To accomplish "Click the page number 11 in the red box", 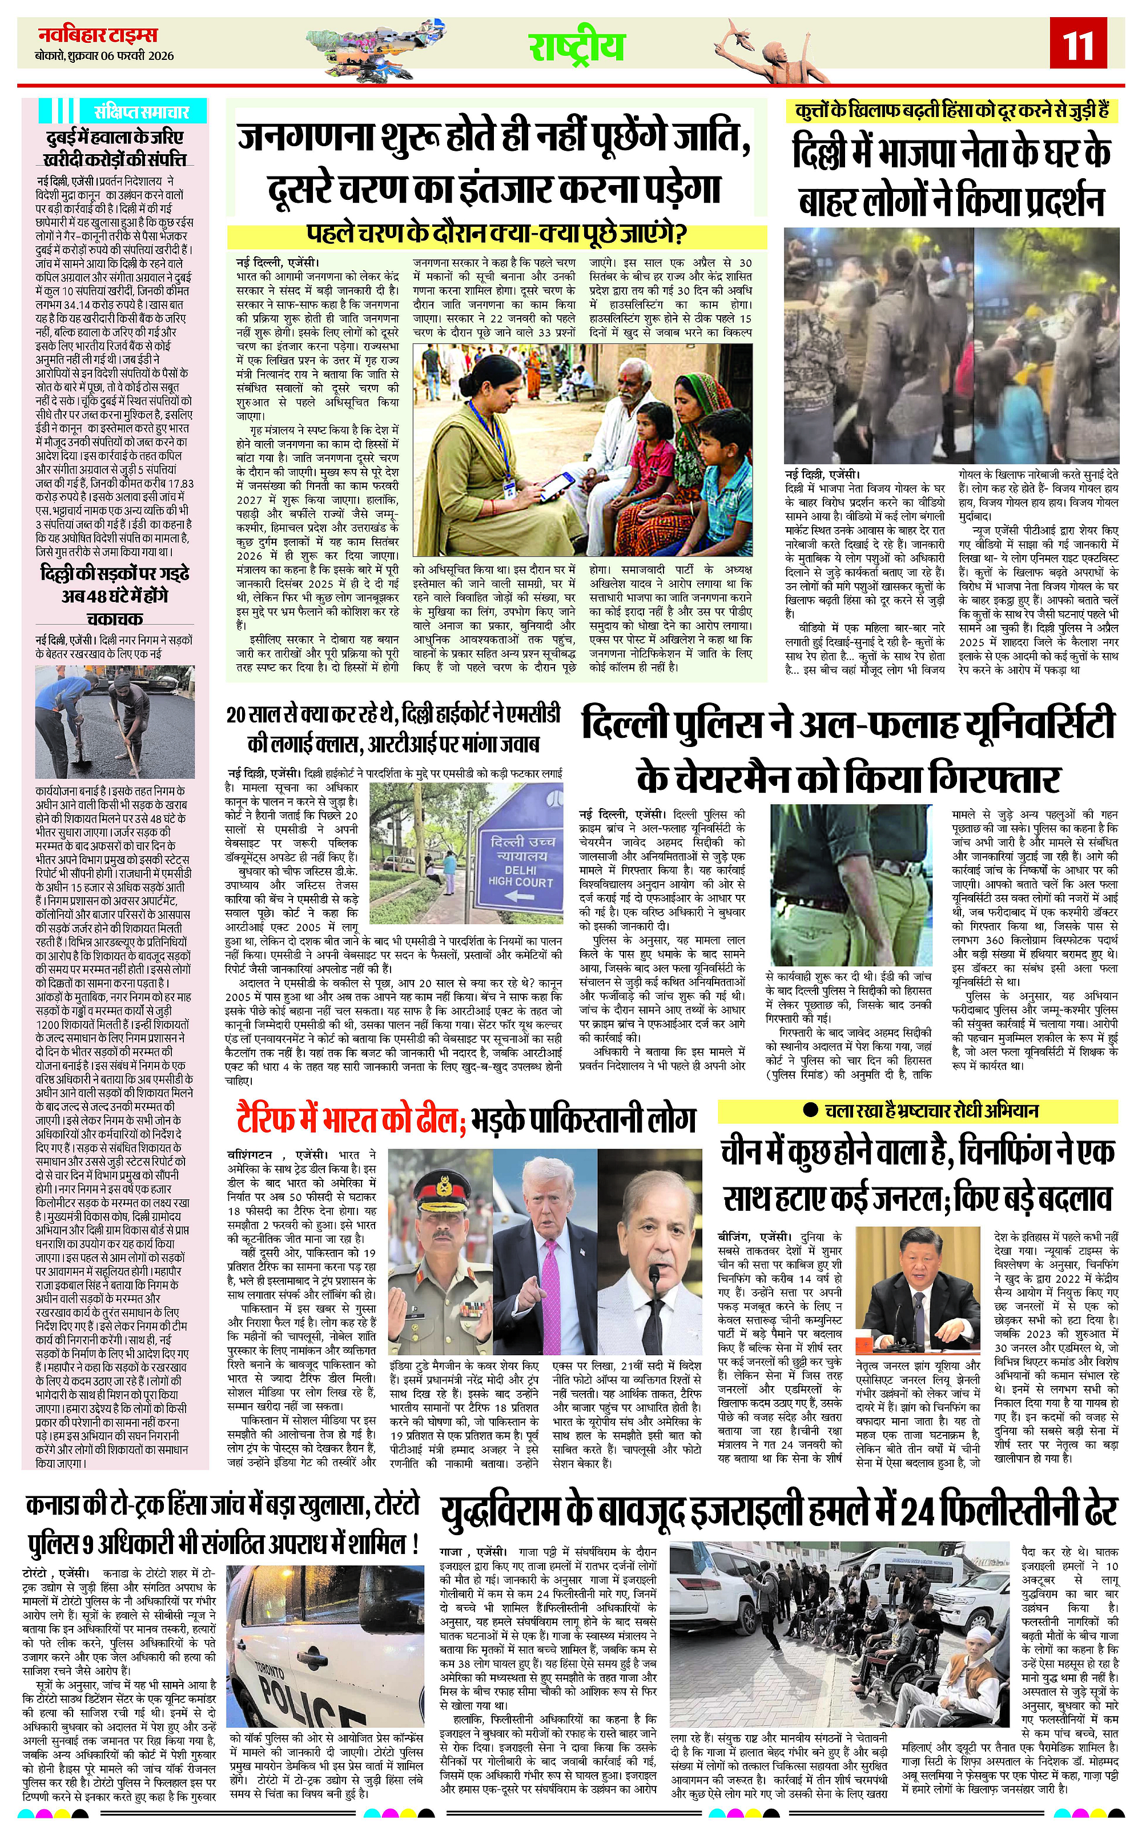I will (x=1078, y=45).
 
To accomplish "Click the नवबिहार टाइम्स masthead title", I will (x=98, y=35).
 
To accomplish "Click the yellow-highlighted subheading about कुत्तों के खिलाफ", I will (x=952, y=111).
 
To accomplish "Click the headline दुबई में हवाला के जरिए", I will (x=113, y=138).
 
